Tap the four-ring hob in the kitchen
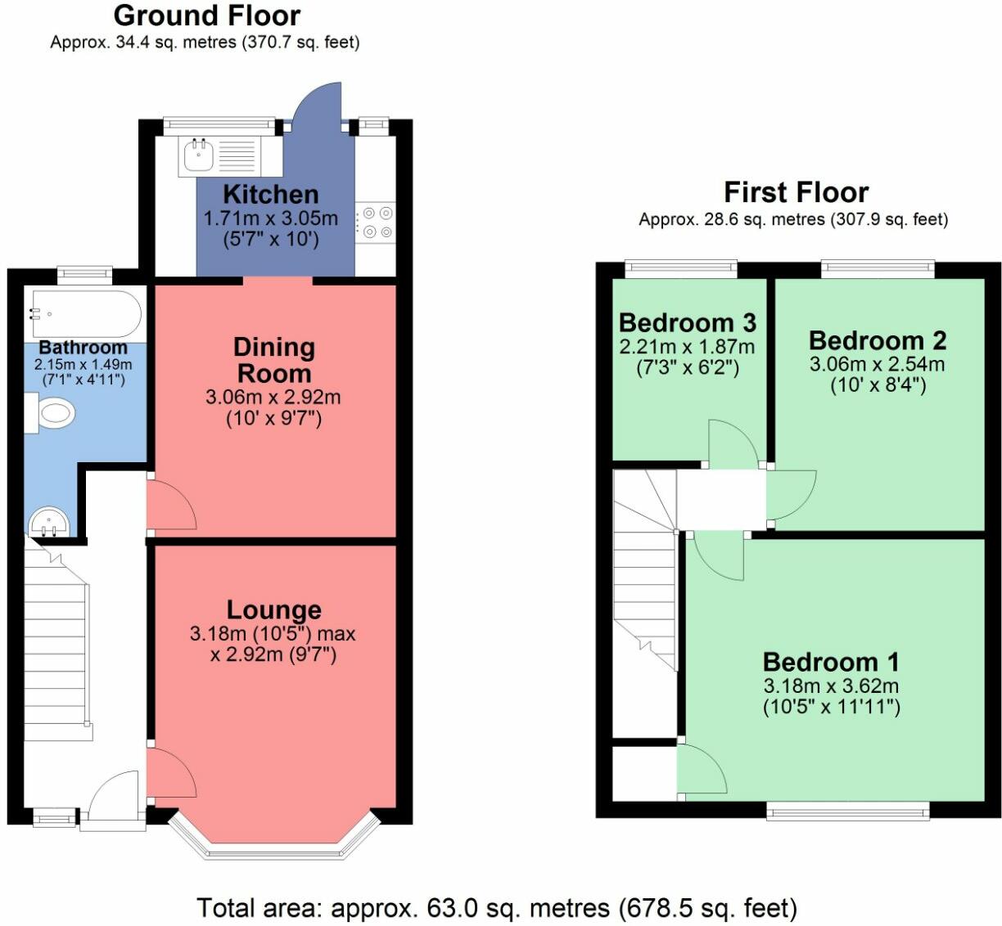pyautogui.click(x=376, y=223)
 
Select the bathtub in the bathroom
pyautogui.click(x=87, y=313)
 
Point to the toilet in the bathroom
pyautogui.click(x=49, y=414)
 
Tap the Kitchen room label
pyautogui.click(x=270, y=195)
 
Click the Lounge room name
pyautogui.click(x=274, y=609)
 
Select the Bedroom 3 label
pyautogui.click(x=688, y=323)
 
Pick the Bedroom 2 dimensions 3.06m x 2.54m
pyautogui.click(x=878, y=364)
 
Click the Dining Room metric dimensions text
pyautogui.click(x=273, y=397)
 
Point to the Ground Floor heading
pyautogui.click(x=207, y=16)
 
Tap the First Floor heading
pyautogui.click(x=797, y=193)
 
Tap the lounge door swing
pyautogui.click(x=172, y=772)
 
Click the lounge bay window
pyautogui.click(x=274, y=839)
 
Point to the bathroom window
pyautogui.click(x=84, y=276)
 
